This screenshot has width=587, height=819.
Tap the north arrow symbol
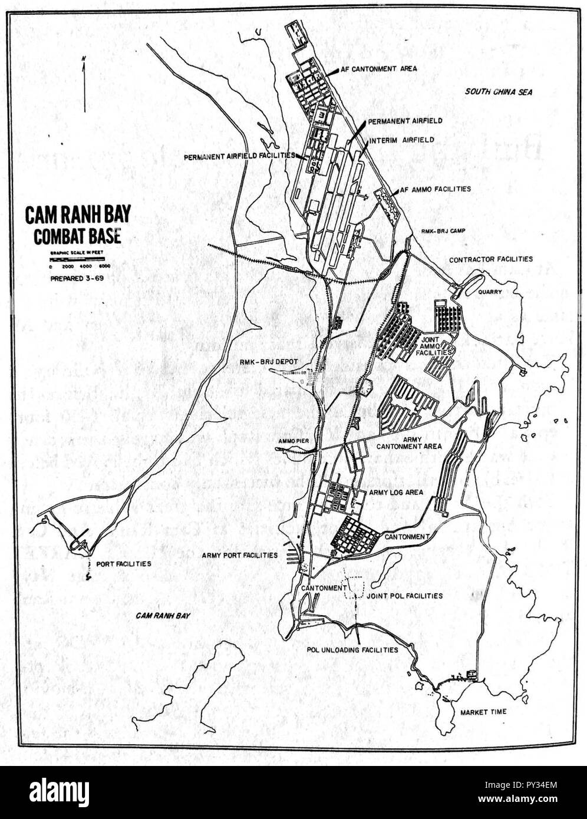click(x=85, y=83)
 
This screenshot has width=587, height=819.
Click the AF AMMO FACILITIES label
click(x=435, y=189)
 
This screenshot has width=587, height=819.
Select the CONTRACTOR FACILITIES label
click(x=490, y=259)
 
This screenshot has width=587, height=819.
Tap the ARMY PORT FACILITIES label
click(x=239, y=555)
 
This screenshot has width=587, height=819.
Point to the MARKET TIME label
click(x=484, y=712)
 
